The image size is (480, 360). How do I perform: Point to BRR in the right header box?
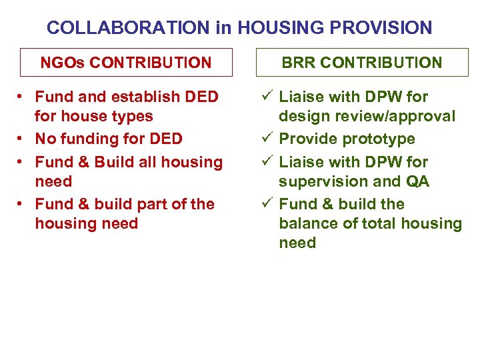tap(298, 63)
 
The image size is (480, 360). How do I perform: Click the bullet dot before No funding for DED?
tap(22, 139)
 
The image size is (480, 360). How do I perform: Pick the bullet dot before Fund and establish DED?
tap(22, 97)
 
